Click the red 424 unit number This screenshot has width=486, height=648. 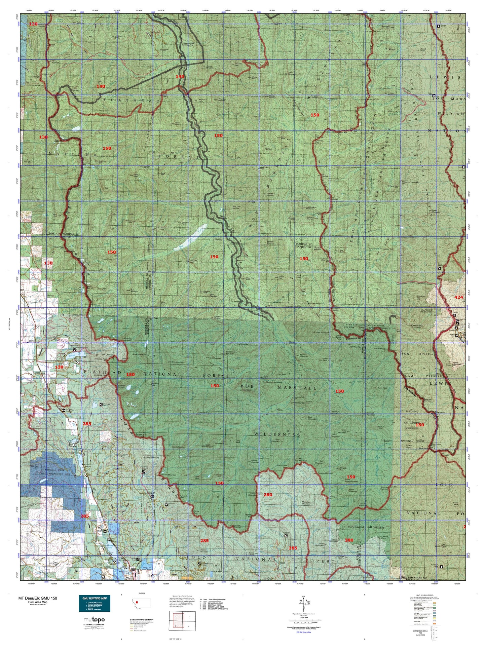(458, 297)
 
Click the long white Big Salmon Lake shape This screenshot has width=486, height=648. (190, 237)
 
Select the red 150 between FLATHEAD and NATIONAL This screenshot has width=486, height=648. (130, 374)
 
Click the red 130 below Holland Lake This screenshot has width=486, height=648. (59, 367)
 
